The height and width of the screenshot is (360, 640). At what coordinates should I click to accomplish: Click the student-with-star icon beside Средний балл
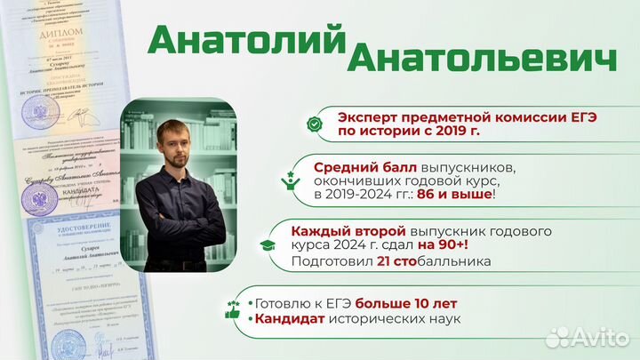pyautogui.click(x=290, y=178)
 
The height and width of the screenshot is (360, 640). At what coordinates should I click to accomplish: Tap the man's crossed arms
pyautogui.click(x=177, y=233)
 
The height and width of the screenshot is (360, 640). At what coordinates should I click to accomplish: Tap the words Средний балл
pyautogui.click(x=359, y=165)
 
